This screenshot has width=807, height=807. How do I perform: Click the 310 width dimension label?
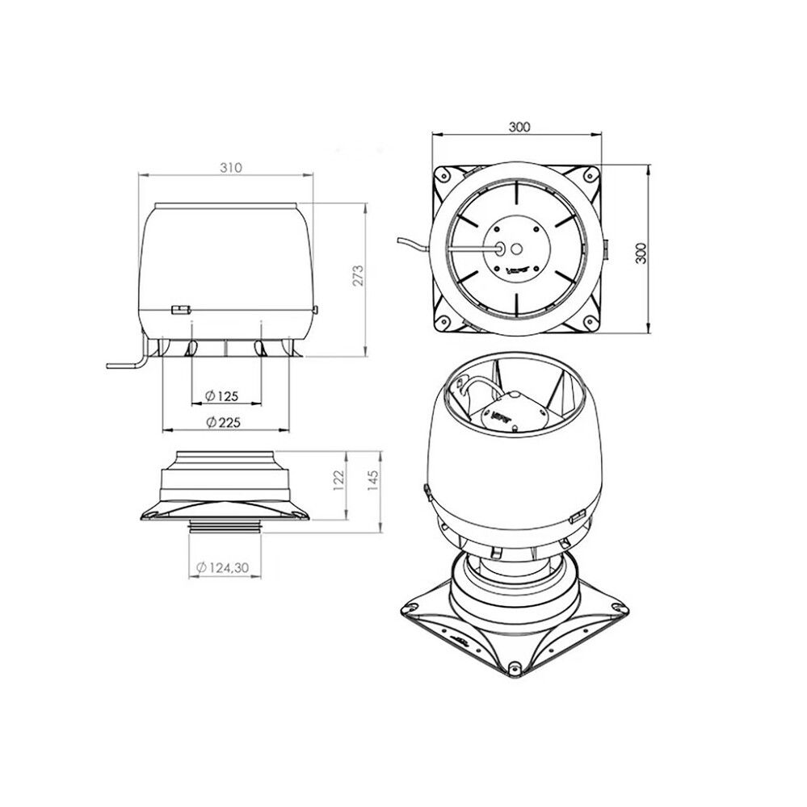pyautogui.click(x=230, y=167)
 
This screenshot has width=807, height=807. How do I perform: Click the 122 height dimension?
pyautogui.click(x=339, y=480)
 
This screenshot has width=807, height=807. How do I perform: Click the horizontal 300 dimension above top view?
pyautogui.click(x=519, y=127)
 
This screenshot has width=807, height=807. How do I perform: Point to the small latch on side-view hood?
pyautogui.click(x=179, y=308)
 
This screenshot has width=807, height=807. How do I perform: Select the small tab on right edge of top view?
pyautogui.click(x=606, y=249)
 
